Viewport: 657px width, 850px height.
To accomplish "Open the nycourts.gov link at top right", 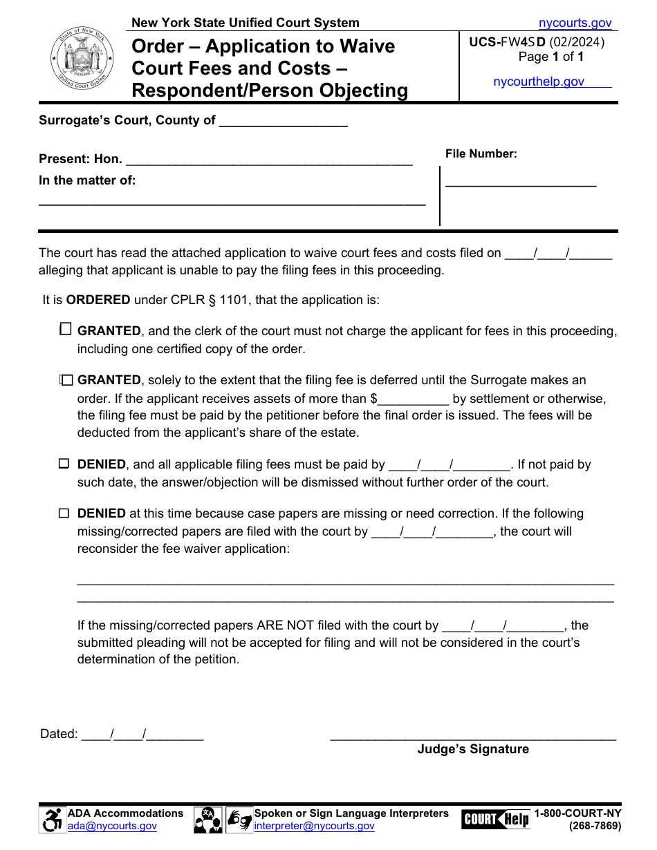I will point(575,23).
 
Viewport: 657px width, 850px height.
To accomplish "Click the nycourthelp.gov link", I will point(539,82).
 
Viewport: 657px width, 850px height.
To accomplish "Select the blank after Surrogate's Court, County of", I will point(283,122).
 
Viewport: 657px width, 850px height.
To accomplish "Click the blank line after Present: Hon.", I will point(269,160).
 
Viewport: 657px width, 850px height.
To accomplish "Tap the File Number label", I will point(481,154).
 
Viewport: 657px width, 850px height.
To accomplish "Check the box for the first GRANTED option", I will point(65,330).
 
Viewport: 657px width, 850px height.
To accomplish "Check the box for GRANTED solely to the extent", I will point(66,380).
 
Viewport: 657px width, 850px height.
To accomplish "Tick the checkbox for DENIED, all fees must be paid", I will point(64,464).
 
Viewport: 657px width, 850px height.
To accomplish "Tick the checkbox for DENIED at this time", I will point(64,513).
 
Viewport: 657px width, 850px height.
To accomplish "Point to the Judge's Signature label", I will point(472,749).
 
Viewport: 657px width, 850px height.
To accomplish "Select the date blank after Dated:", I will point(142,735).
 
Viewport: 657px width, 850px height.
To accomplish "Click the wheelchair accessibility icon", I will point(52,820).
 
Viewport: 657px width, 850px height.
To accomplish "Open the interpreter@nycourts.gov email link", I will point(314,826).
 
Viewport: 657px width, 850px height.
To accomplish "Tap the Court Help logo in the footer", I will point(495,820).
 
